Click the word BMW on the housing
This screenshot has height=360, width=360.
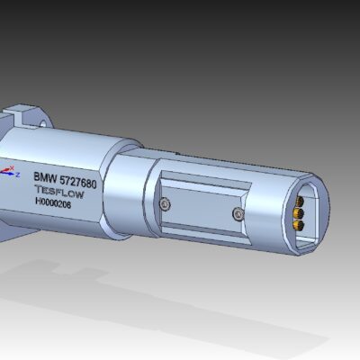point(46,178)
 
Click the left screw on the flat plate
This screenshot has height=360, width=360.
point(164,205)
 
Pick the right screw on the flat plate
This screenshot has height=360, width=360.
point(238,213)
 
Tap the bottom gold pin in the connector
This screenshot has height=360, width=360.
point(299,225)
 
